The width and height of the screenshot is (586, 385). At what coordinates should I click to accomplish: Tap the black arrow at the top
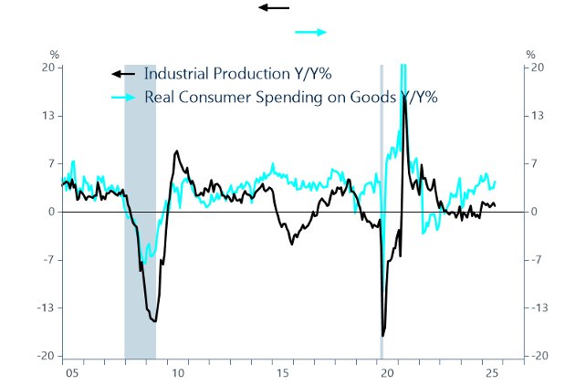(x=274, y=7)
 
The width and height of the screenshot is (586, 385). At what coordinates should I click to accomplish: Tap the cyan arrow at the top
(x=311, y=32)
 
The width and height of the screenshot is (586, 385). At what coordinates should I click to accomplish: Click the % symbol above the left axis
(x=54, y=53)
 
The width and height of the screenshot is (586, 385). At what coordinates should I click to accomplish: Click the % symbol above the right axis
(x=531, y=53)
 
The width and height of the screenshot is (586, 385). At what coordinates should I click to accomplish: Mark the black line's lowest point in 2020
(x=382, y=337)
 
